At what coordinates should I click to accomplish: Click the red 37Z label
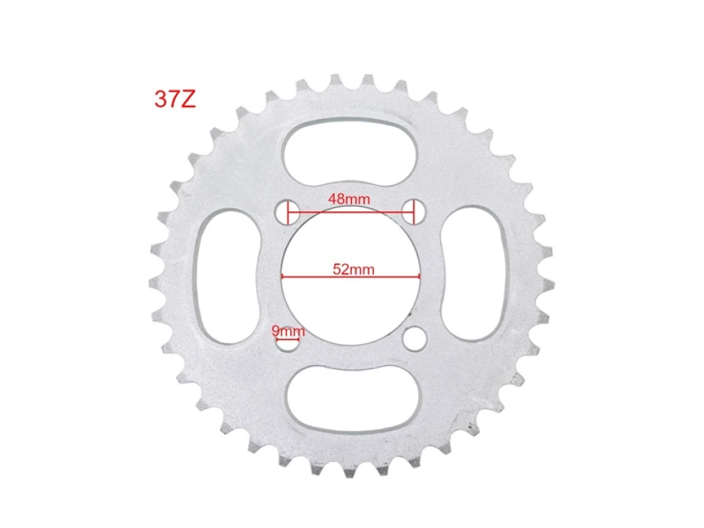pyautogui.click(x=175, y=100)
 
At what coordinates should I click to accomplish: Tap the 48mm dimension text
pyautogui.click(x=350, y=199)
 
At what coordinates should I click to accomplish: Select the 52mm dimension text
pyautogui.click(x=353, y=269)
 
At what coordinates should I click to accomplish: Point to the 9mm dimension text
pyautogui.click(x=288, y=331)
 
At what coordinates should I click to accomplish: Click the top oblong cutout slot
pyautogui.click(x=351, y=150)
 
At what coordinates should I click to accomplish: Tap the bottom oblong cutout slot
pyautogui.click(x=351, y=400)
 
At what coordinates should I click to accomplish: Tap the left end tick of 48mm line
pyautogui.click(x=288, y=213)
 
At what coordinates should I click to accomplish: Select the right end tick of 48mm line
pyautogui.click(x=414, y=212)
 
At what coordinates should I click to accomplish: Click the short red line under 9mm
pyautogui.click(x=287, y=340)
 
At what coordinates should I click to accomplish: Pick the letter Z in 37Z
pyautogui.click(x=188, y=100)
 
